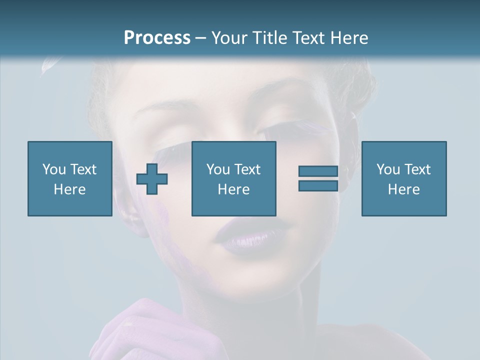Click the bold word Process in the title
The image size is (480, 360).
pyautogui.click(x=157, y=38)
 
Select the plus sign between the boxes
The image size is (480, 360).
pyautogui.click(x=152, y=179)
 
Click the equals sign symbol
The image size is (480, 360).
pyautogui.click(x=318, y=178)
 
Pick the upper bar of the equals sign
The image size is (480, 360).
pyautogui.click(x=318, y=171)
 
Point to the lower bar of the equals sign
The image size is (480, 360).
pyautogui.click(x=318, y=186)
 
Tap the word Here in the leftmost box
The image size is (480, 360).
pyautogui.click(x=69, y=189)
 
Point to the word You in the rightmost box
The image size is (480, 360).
pyautogui.click(x=388, y=169)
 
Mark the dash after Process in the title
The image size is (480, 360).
pyautogui.click(x=200, y=38)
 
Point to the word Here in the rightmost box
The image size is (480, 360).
pyautogui.click(x=403, y=189)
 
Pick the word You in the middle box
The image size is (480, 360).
pyautogui.click(x=218, y=169)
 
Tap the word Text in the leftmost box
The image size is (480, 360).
pyautogui.click(x=83, y=169)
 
